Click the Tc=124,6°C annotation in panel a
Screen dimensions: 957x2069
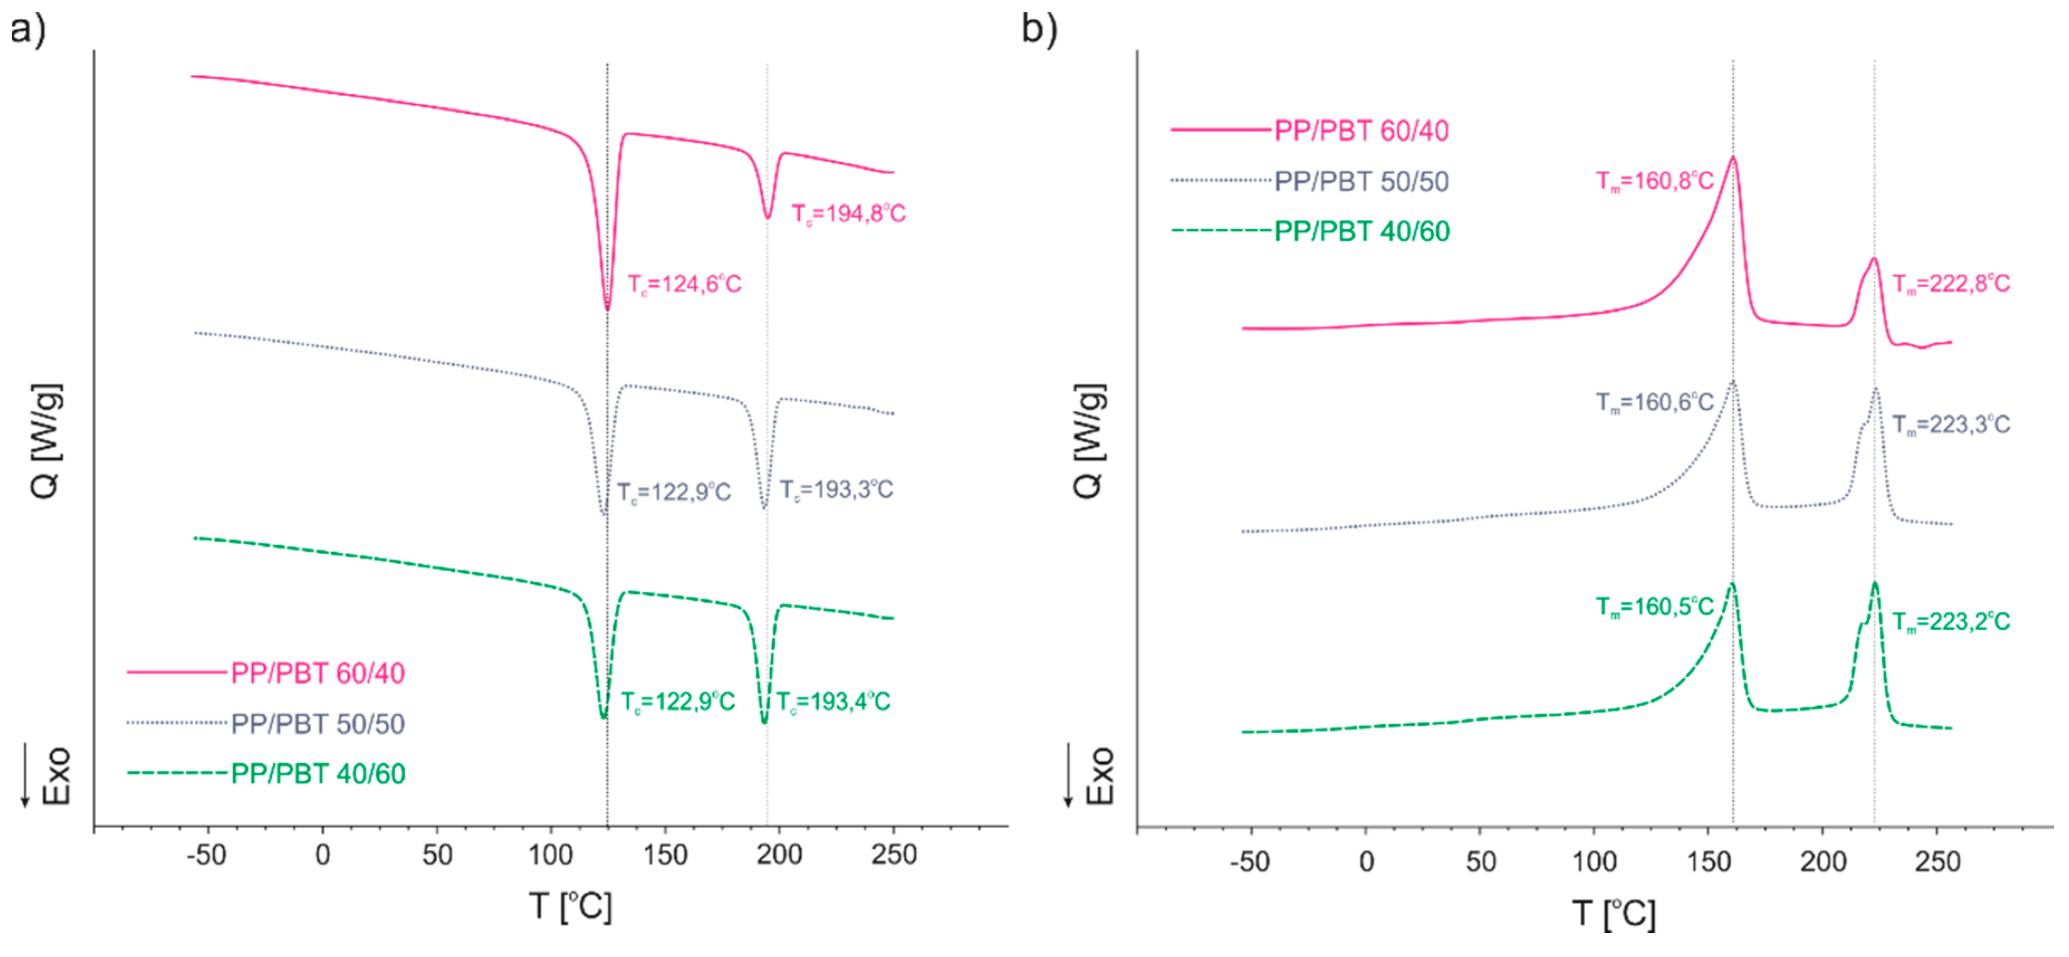point(684,284)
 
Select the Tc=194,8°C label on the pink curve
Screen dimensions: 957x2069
point(848,214)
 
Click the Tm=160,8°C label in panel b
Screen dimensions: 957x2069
point(1654,181)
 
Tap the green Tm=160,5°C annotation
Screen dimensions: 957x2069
point(1654,607)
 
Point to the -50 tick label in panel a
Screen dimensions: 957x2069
point(207,855)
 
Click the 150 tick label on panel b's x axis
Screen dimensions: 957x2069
point(1708,862)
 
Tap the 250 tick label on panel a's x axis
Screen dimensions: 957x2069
point(894,855)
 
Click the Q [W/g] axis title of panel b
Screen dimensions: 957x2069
point(1089,442)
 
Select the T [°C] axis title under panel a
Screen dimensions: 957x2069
point(571,906)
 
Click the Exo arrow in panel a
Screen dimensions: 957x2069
point(25,776)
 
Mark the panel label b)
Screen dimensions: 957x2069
point(1039,29)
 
